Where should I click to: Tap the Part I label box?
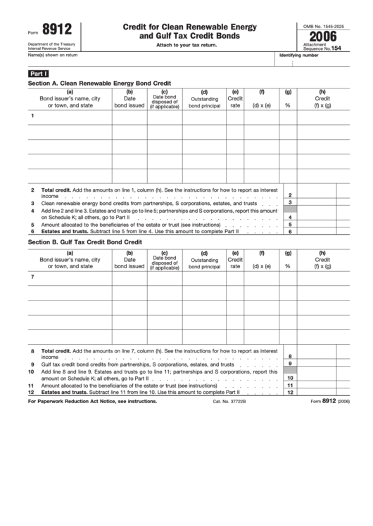tap(38, 73)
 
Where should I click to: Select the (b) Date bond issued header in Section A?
tap(129, 99)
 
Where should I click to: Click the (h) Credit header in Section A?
tap(322, 99)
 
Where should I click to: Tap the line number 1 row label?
tap(32, 115)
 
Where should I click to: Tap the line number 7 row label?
tap(32, 277)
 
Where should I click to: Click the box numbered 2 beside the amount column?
tap(290, 195)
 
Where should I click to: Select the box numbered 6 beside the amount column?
tap(290, 231)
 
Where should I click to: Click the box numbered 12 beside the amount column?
tap(290, 393)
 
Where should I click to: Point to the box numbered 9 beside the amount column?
tap(290, 364)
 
